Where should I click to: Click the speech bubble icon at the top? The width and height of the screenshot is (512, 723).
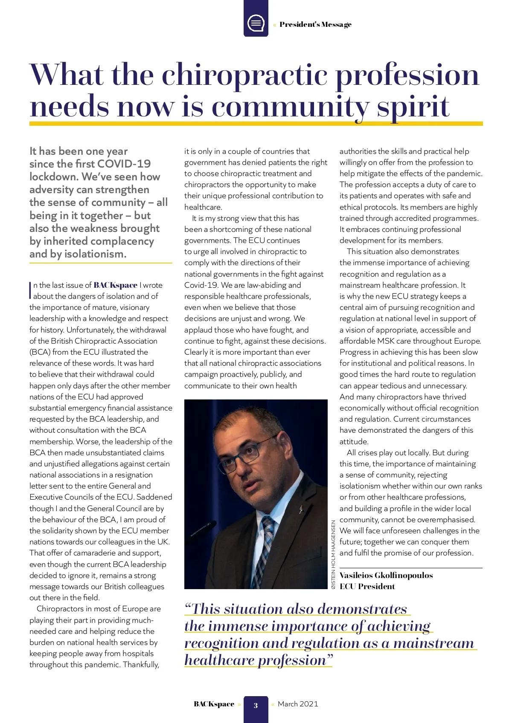(x=256, y=23)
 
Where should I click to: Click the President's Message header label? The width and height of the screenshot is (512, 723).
(x=315, y=25)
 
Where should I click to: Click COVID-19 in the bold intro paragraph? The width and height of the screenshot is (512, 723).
(x=124, y=164)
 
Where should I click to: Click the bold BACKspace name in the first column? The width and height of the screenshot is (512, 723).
(x=115, y=285)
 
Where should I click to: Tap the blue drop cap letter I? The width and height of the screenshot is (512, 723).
(x=31, y=289)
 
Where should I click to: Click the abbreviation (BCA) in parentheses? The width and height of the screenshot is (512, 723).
(x=41, y=352)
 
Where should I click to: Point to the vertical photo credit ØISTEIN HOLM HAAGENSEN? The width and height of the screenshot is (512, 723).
(x=333, y=554)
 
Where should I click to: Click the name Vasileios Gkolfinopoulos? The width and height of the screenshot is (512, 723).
(x=386, y=576)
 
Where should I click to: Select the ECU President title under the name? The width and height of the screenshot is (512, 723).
(x=367, y=587)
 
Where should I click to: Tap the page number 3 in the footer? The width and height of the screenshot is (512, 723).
(x=256, y=705)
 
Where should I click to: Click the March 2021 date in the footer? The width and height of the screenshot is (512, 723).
(x=298, y=704)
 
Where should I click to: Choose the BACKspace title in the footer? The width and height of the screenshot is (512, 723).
(x=214, y=704)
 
